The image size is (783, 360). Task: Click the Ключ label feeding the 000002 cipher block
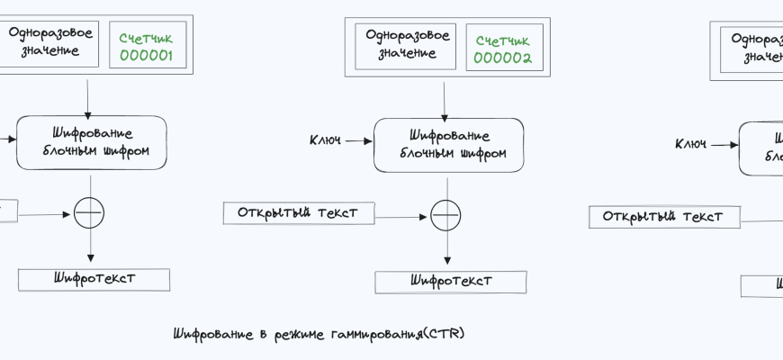(x=325, y=140)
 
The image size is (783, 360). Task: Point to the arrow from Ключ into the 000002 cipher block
(x=357, y=141)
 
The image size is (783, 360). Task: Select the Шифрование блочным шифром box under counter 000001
(x=92, y=142)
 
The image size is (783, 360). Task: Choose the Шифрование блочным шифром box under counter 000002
(x=449, y=144)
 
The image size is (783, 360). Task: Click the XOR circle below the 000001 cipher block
(x=89, y=213)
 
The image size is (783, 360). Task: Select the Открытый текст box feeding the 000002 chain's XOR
(x=298, y=213)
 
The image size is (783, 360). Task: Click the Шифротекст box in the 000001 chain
(x=94, y=279)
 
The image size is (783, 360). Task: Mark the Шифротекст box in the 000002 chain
(x=451, y=281)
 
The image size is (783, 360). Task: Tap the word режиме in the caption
(x=295, y=335)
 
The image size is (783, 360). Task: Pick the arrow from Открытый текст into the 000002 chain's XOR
(x=401, y=216)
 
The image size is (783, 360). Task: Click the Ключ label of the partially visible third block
(x=691, y=144)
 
